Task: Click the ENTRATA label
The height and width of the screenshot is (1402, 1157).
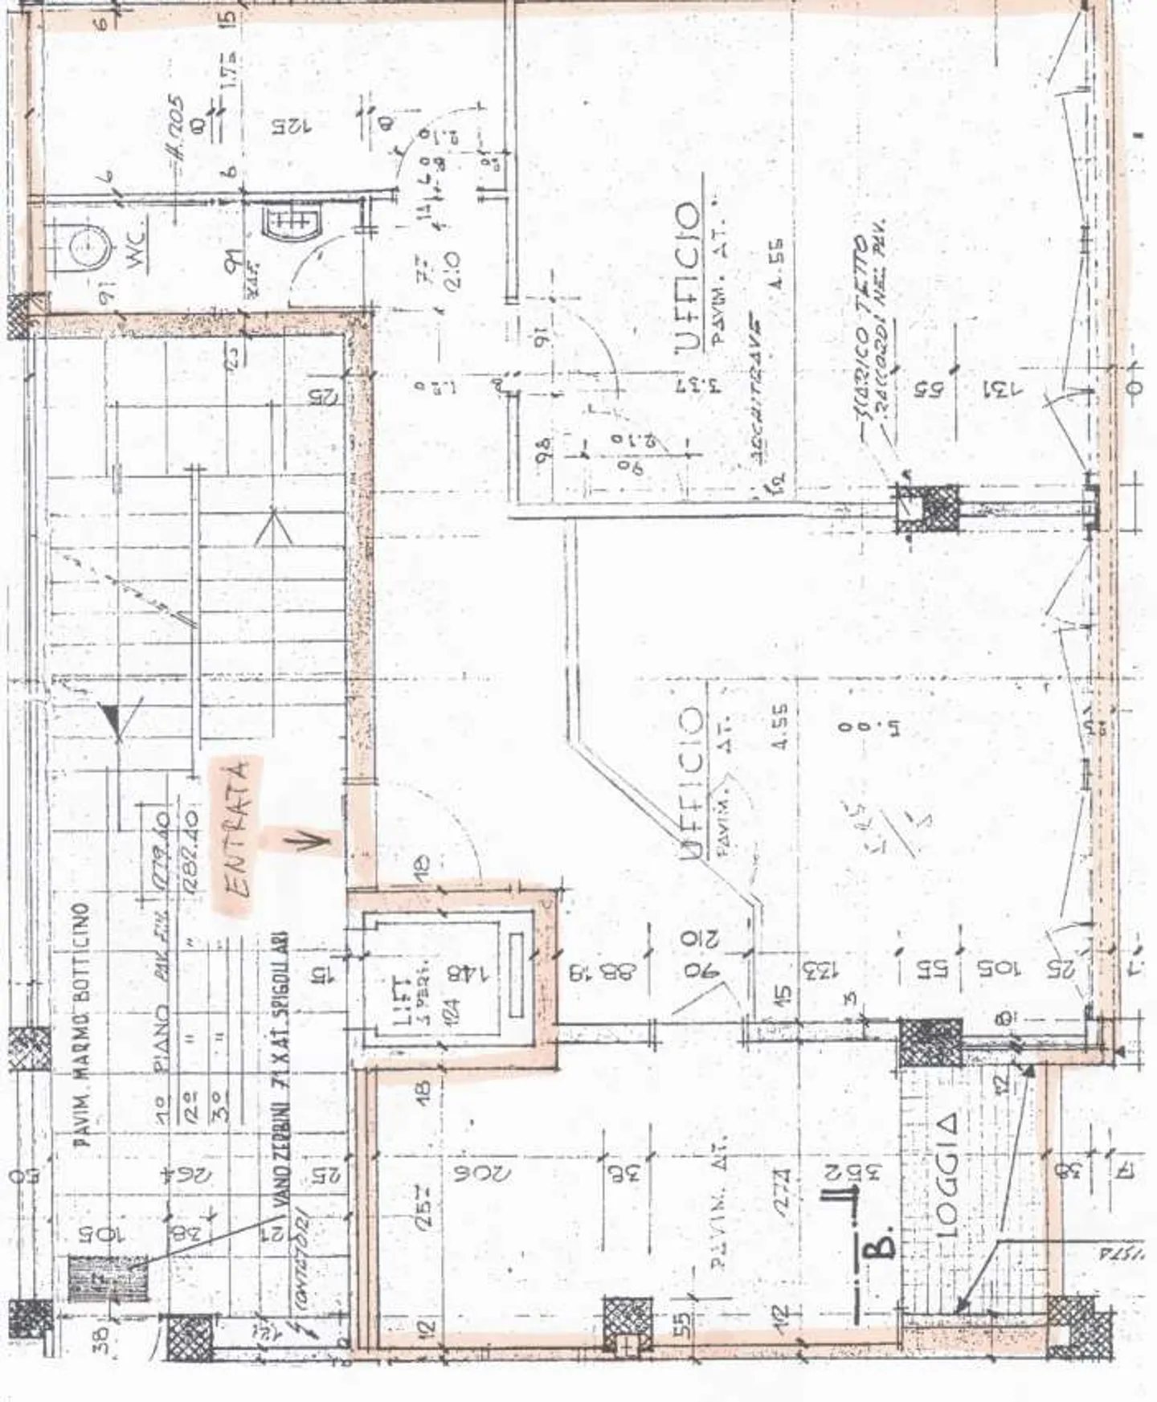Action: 239,836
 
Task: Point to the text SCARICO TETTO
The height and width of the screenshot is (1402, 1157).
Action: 861,337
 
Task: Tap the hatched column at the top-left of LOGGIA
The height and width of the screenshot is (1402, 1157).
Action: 930,1044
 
